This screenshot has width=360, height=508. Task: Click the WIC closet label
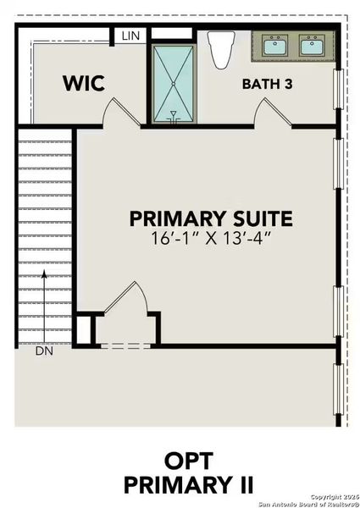pos(83,83)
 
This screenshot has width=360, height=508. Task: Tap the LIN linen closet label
pos(130,36)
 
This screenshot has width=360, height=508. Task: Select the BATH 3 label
pos(268,84)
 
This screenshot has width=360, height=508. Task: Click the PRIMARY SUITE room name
pos(211,218)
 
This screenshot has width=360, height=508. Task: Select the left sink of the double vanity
pos(274,45)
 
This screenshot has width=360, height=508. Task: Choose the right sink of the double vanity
pos(312,45)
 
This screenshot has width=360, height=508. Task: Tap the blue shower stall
pos(173,76)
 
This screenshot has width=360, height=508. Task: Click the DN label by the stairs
pos(45,349)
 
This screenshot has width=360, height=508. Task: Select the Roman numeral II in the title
pos(241,485)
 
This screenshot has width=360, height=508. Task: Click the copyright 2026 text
pos(334,496)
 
